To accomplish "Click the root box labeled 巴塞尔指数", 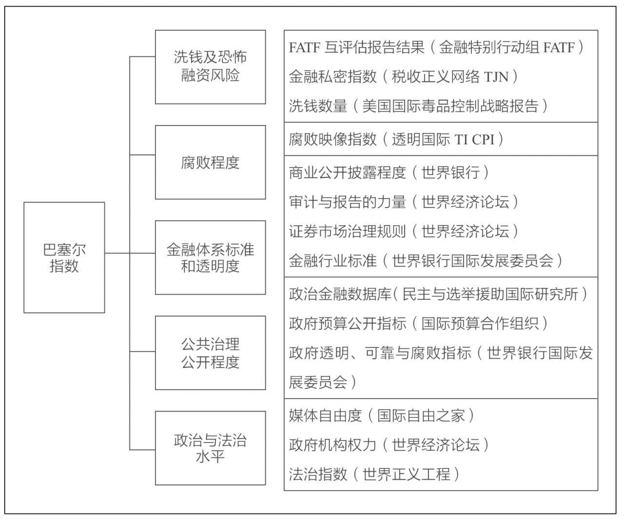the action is pos(64,258).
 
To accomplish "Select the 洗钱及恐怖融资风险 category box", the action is pos(211,67).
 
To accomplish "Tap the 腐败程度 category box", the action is pos(211,162).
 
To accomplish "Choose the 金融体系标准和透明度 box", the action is pos(211,258).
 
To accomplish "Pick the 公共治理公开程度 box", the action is pos(211,353).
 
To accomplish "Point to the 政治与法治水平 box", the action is pos(211,448).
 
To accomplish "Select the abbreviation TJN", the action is pos(496,77).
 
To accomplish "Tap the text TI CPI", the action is pos(474,139).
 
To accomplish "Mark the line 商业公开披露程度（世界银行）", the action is pos(389,173).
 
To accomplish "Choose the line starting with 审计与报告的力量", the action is pos(404,202).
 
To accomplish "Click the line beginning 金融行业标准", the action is pos(426,261).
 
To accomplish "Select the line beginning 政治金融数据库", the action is pos(438,294).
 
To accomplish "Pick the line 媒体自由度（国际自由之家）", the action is pos(381,416).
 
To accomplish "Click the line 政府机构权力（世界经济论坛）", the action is pos(389,445).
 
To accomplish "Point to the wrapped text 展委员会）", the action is pos(322,382).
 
